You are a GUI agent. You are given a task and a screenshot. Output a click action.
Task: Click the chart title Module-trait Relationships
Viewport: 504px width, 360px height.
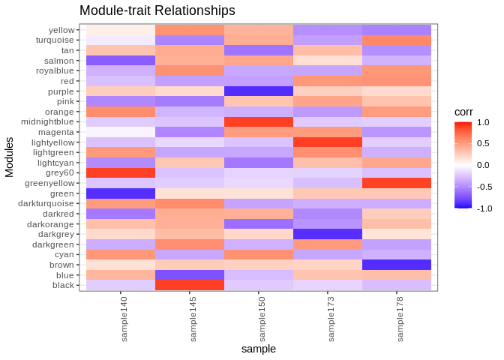click(157, 10)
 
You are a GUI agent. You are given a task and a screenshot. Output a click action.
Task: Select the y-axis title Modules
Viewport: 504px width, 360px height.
click(10, 157)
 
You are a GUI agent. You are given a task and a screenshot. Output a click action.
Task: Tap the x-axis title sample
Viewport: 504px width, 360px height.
click(259, 349)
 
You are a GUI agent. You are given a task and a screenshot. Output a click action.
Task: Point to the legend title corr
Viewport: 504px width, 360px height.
click(463, 112)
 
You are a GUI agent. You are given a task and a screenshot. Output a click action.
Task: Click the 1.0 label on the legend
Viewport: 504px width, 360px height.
click(483, 122)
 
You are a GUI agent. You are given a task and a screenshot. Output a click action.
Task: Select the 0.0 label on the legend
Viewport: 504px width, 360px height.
click(483, 165)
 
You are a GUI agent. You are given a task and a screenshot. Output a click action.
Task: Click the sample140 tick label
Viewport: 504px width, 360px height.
click(124, 318)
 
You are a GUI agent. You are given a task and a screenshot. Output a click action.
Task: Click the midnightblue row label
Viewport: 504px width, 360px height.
click(47, 121)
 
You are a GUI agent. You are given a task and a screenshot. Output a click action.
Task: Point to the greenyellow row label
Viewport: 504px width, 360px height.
click(49, 183)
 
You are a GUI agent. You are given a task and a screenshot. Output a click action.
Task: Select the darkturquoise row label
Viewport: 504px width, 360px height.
click(48, 203)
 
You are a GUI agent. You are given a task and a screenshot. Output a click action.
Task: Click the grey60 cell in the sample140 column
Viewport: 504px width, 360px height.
click(121, 172)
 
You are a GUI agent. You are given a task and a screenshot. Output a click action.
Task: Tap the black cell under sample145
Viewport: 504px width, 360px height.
click(190, 285)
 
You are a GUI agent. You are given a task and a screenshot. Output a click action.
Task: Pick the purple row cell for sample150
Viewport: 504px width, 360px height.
click(259, 91)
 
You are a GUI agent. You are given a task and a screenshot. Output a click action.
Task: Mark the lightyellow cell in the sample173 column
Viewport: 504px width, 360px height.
click(328, 142)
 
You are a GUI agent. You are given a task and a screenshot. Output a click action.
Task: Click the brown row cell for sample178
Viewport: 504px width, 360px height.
click(397, 265)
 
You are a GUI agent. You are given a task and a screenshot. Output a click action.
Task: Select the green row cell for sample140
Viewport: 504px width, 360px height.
click(121, 193)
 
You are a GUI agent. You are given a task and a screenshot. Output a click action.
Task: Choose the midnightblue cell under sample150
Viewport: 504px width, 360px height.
click(259, 121)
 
